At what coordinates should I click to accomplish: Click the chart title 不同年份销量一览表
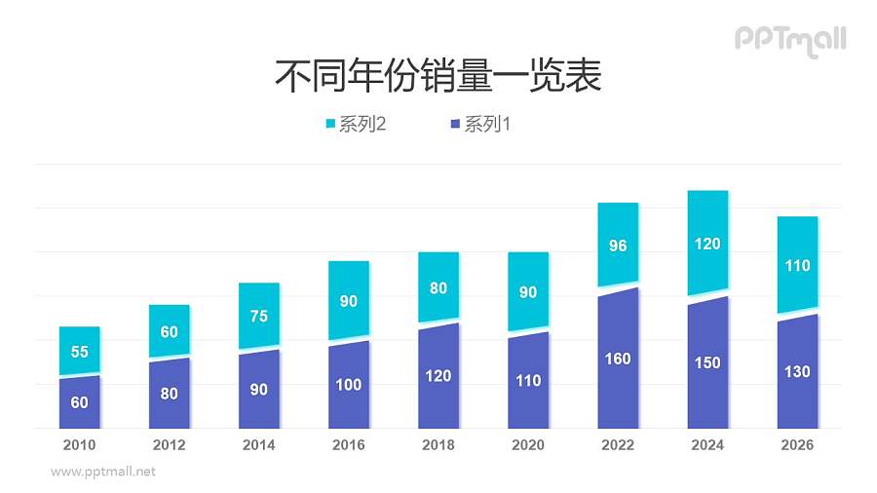[x=438, y=76]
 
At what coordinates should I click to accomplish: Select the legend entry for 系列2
[x=357, y=125]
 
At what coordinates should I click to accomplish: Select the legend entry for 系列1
[x=480, y=125]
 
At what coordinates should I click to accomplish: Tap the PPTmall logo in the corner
[x=789, y=40]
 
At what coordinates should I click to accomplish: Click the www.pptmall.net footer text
[x=102, y=472]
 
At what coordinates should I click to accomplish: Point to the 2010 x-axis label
[x=79, y=445]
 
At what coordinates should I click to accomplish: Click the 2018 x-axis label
[x=438, y=445]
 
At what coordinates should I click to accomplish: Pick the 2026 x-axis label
[x=797, y=445]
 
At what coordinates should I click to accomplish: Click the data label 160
[x=618, y=359]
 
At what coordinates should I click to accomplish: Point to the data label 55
[x=79, y=352]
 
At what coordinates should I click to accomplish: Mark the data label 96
[x=618, y=246]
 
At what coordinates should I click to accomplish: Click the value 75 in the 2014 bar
[x=258, y=316]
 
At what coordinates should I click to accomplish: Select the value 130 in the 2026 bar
[x=797, y=371]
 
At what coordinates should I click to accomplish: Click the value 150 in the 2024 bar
[x=707, y=363]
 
